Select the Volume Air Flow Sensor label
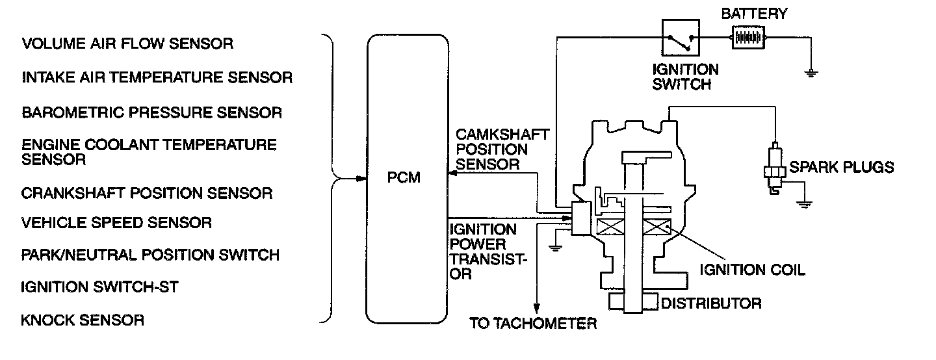127,44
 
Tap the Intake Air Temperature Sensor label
157,78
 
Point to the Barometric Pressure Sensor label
152,112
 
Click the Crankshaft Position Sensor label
147,193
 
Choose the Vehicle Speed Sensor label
116,223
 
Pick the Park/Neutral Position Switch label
150,255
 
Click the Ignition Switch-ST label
100,287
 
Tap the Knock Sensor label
83,320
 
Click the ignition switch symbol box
680,38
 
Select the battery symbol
748,38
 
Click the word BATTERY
754,14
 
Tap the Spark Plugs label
841,168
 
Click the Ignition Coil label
752,269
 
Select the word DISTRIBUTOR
711,303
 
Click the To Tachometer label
533,323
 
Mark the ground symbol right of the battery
810,72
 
